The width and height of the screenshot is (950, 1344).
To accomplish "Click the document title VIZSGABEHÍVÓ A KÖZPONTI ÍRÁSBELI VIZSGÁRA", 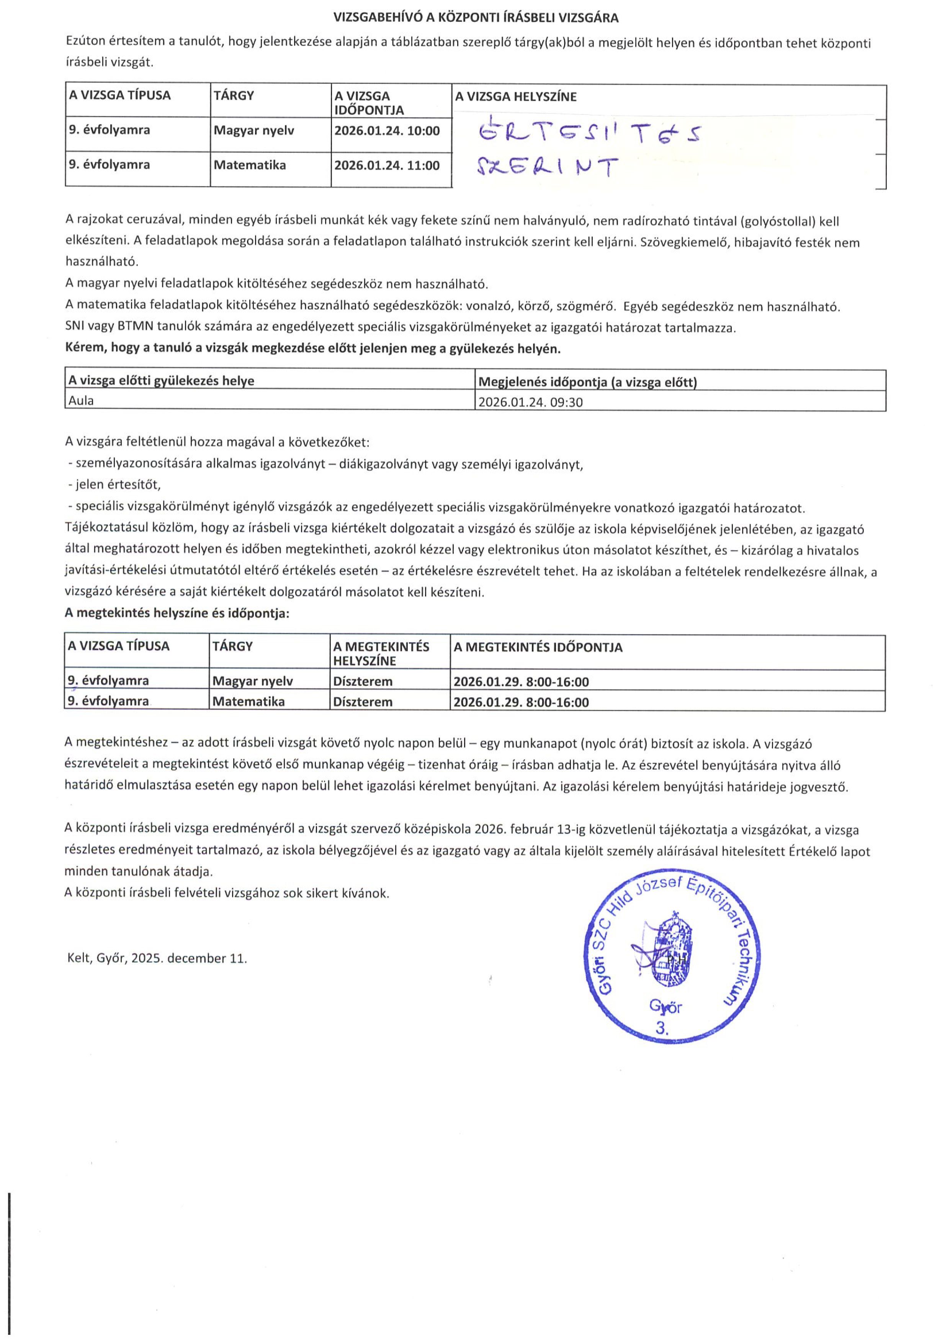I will (475, 18).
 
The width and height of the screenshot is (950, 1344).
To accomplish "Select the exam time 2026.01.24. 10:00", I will (386, 131).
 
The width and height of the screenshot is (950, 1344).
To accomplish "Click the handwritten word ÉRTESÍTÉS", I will (588, 134).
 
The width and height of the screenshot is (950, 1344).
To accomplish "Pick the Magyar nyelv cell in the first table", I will (253, 131).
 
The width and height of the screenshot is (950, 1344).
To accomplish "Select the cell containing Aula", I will (81, 401).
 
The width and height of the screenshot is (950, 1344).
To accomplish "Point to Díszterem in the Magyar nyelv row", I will (362, 681).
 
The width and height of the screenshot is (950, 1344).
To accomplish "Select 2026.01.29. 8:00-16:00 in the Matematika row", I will (521, 702).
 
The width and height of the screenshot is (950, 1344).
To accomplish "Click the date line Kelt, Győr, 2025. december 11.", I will (157, 958).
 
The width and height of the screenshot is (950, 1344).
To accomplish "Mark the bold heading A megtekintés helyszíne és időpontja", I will (177, 613).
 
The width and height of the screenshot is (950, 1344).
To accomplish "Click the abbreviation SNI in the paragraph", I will (75, 327).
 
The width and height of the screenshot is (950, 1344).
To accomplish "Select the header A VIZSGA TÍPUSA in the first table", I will (119, 95).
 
